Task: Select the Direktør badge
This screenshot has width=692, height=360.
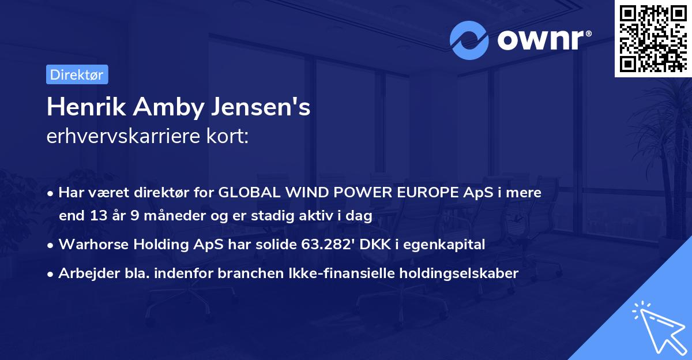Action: pos(77,74)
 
